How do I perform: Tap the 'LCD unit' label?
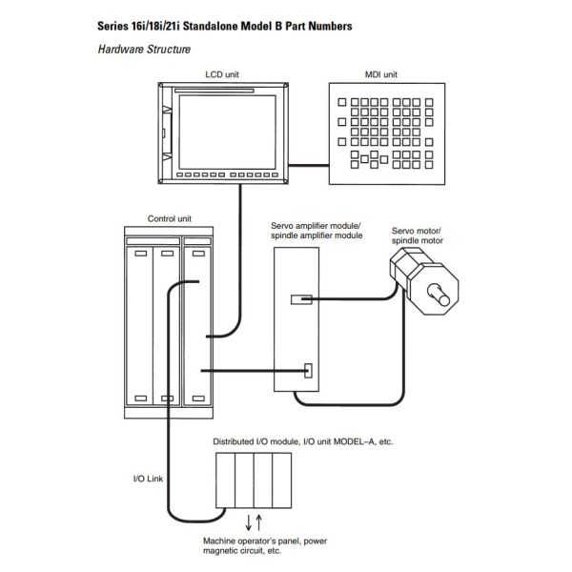coord(221,73)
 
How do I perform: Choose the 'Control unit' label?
coord(169,217)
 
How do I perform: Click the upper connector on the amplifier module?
coord(300,299)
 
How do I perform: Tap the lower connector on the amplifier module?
coord(309,370)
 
